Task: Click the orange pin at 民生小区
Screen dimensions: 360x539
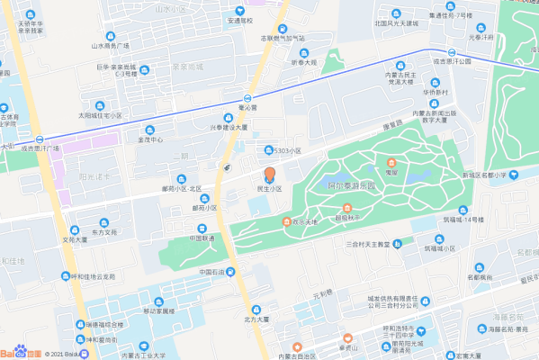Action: [x=270, y=175]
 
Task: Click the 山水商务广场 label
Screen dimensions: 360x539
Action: [x=110, y=45]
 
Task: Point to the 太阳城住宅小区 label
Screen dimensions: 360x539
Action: [x=99, y=115]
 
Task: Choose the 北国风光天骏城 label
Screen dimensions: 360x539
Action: [x=397, y=23]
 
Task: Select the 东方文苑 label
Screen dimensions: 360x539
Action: [x=104, y=231]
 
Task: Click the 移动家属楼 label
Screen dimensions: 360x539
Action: [x=158, y=310]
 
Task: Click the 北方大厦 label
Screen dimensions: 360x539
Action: [x=256, y=319]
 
